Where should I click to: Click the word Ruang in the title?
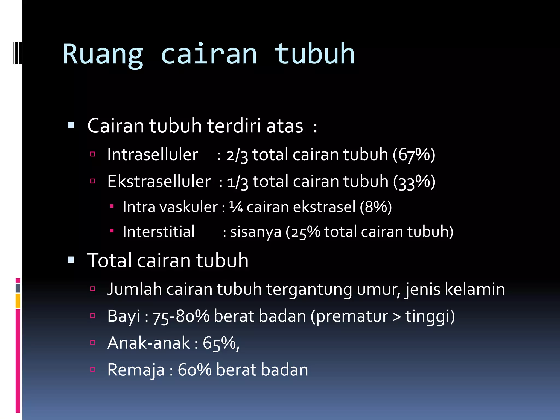point(103,55)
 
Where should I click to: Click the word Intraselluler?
point(153,155)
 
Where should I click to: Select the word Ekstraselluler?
point(159,182)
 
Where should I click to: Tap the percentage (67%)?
point(414,155)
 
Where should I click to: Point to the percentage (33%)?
point(414,182)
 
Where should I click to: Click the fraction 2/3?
point(237,155)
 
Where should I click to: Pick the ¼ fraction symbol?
point(236,207)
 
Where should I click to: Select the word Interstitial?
point(159,232)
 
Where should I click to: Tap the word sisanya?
point(256,232)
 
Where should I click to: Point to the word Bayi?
point(124,316)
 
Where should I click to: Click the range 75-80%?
point(181,317)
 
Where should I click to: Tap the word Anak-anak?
point(149,343)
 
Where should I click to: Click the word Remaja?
point(136,370)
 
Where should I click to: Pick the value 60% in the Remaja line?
point(194,370)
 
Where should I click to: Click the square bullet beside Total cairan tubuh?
point(71,260)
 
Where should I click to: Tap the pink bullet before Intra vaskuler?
point(112,206)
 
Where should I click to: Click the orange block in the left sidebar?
point(18,301)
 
